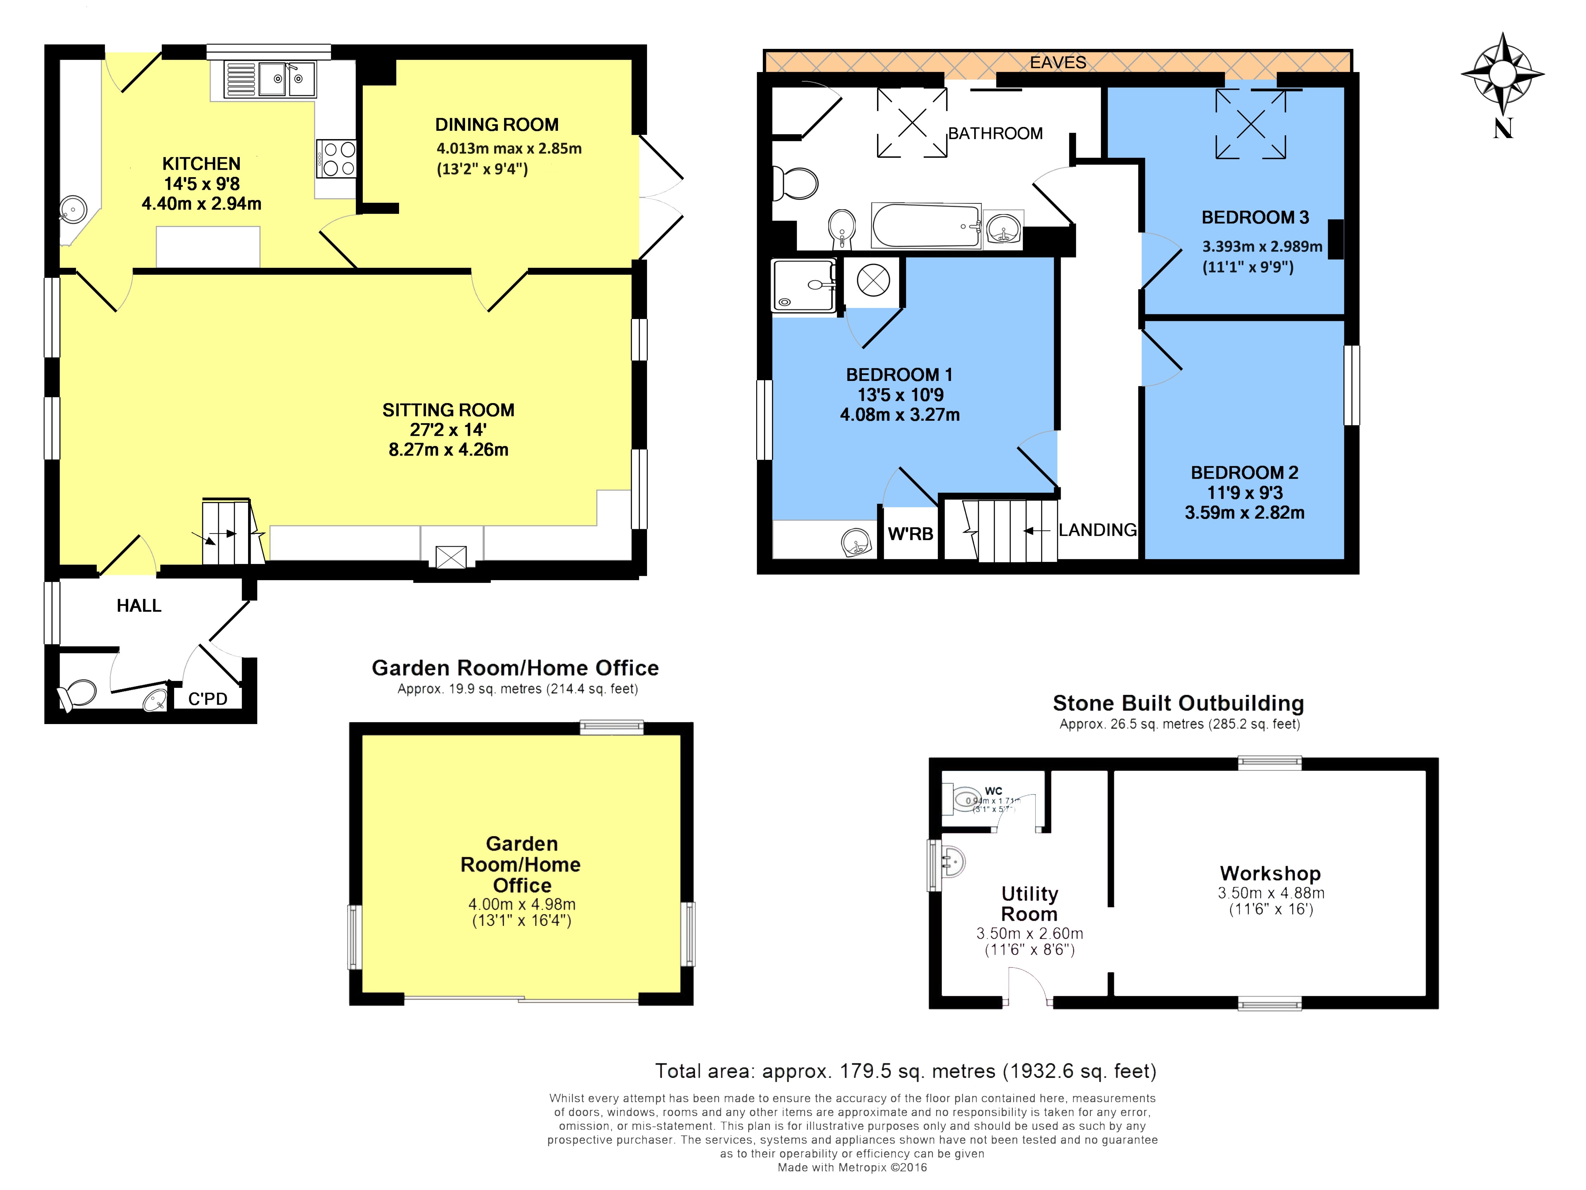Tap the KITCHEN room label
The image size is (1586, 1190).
(x=201, y=163)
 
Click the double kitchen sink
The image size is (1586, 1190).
(x=286, y=79)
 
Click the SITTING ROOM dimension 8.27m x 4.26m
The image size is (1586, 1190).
(x=448, y=450)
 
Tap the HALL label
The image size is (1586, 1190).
(x=139, y=606)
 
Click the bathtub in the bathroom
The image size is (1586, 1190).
(x=926, y=225)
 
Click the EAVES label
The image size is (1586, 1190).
(x=1058, y=63)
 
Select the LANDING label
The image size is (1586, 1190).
(x=1097, y=530)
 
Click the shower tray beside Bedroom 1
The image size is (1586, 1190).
(x=803, y=285)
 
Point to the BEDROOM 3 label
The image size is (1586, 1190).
(x=1255, y=217)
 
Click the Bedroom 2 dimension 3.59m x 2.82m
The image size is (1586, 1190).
(x=1244, y=512)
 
